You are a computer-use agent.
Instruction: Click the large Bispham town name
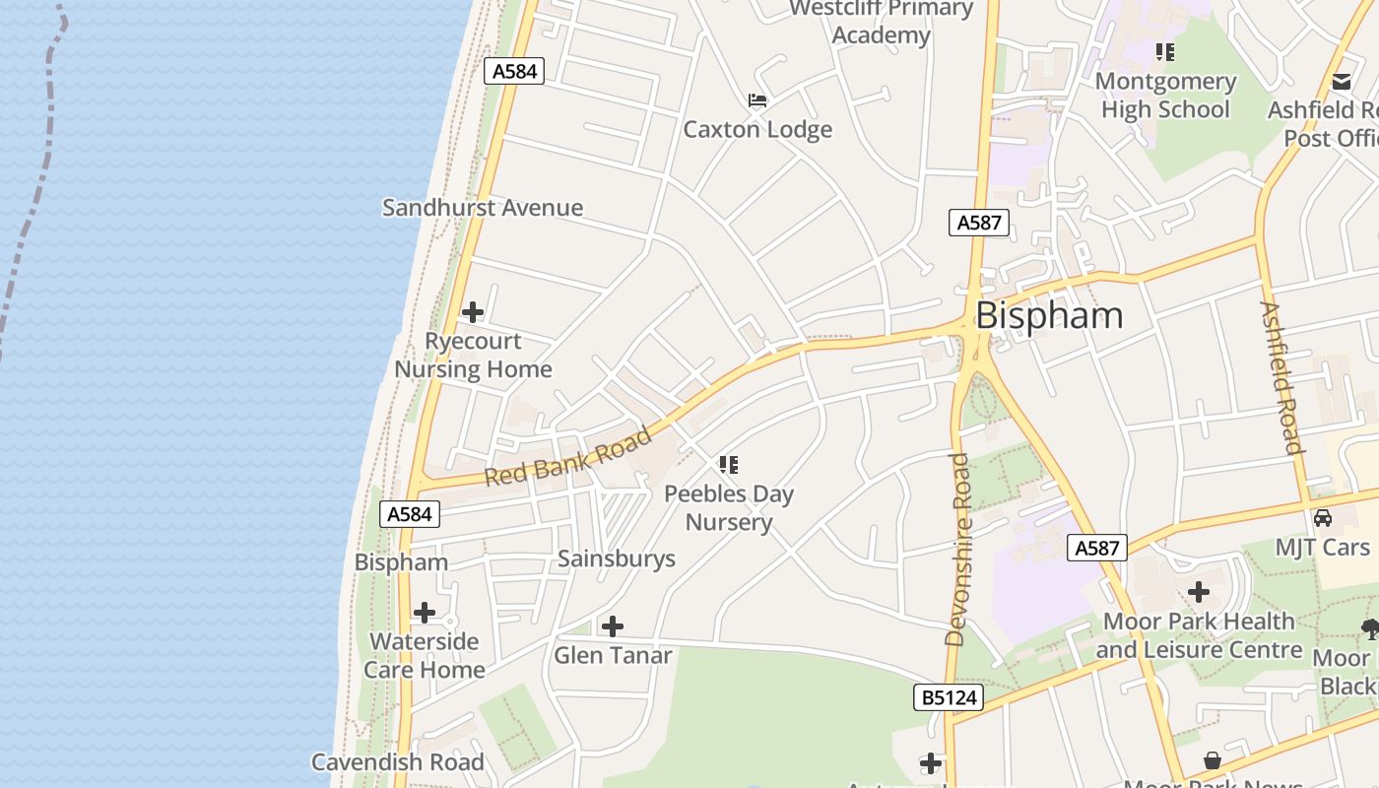point(1049,315)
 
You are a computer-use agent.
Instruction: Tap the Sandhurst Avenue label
point(483,208)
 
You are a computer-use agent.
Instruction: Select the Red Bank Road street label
point(569,456)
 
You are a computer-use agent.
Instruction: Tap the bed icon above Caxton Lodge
point(756,100)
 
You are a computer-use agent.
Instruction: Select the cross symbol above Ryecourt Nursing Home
point(473,313)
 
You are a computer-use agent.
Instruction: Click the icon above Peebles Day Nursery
point(729,464)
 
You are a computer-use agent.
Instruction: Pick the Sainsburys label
point(617,558)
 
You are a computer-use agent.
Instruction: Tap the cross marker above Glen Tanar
point(613,626)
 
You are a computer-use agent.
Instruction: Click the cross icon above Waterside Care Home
point(425,613)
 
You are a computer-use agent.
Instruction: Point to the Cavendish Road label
point(398,761)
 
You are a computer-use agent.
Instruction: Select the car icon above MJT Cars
point(1323,518)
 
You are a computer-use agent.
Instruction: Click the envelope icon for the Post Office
point(1342,81)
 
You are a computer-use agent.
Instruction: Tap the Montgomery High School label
point(1165,95)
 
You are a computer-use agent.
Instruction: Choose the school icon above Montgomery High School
point(1165,51)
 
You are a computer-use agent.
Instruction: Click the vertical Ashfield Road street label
point(1281,377)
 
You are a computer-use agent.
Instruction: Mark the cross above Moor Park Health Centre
point(1199,592)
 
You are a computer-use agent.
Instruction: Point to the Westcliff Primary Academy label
point(881,22)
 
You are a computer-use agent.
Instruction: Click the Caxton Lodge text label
point(757,129)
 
